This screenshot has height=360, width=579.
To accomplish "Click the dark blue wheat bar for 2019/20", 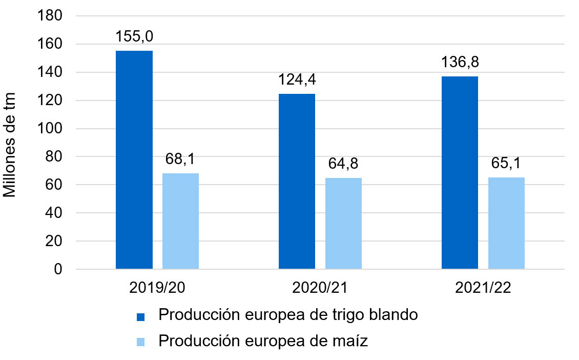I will tap(134, 159).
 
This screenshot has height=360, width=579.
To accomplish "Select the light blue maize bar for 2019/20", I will tap(180, 221).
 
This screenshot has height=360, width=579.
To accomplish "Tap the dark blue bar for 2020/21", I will tap(297, 181).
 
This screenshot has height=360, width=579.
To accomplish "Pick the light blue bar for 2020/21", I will tap(343, 223).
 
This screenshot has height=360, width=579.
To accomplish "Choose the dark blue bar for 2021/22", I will tap(460, 172).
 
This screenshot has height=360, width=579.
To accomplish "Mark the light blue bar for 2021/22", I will tap(506, 223).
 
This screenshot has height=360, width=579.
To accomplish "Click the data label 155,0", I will tap(134, 37).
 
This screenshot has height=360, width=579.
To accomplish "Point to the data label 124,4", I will tap(297, 80).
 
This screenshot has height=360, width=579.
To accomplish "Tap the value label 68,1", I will tap(180, 159).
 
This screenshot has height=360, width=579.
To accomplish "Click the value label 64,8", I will tap(343, 164).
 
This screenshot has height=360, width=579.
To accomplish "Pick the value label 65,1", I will tap(506, 164).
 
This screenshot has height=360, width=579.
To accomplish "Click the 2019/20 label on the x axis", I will tap(157, 288).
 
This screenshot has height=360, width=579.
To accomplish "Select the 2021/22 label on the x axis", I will tap(483, 288).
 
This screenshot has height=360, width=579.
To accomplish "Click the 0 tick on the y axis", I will tap(57, 269).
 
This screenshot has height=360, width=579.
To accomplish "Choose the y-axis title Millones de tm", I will tap(11, 145).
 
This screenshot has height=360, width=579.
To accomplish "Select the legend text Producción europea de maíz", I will tap(263, 341).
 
